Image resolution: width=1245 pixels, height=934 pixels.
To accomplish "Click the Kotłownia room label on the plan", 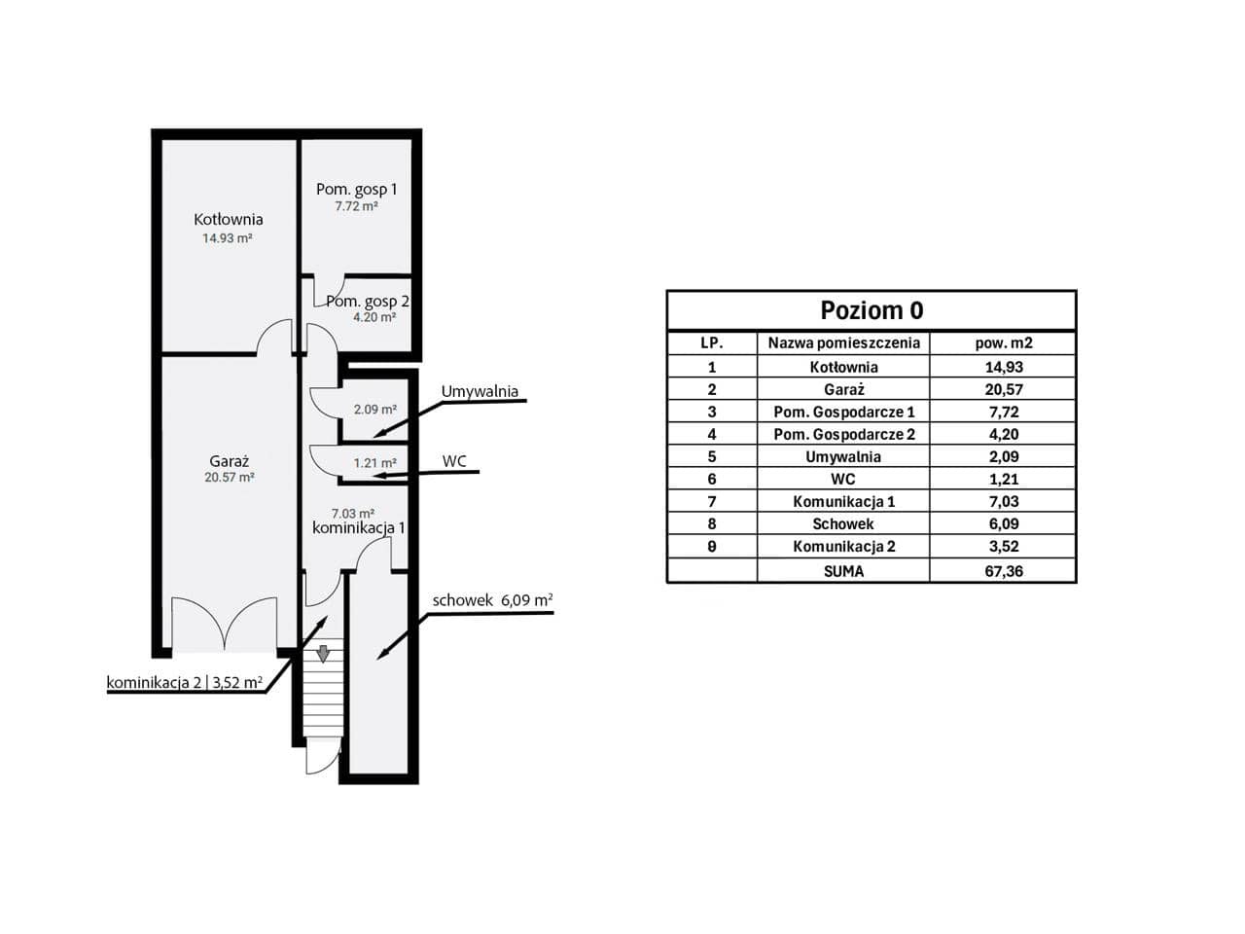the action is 228,220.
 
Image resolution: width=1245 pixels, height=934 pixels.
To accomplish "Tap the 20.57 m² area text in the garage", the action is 230,478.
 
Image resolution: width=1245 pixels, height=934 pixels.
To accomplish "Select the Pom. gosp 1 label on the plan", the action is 356,190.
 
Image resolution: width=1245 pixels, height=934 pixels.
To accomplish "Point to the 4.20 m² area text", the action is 374,317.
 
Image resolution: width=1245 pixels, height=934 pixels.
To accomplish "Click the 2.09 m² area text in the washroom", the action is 374,409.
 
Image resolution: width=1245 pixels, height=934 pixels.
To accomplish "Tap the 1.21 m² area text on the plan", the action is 374,463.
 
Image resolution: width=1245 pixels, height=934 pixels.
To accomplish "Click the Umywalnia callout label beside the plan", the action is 480,392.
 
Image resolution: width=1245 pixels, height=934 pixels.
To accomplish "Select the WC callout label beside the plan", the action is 454,461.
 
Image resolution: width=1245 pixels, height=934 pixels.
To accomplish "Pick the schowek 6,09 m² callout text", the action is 492,600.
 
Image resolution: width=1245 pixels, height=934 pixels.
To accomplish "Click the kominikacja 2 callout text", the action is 154,682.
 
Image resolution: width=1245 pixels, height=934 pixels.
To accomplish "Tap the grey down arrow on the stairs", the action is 323,653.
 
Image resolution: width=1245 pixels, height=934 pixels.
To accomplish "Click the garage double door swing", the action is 225,623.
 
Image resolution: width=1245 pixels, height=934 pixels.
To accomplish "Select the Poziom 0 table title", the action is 871,310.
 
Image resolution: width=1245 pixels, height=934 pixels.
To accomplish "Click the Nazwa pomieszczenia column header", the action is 843,343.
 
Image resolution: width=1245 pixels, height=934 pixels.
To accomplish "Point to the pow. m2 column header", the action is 1004,343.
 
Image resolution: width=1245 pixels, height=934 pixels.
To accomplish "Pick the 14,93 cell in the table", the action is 1004,367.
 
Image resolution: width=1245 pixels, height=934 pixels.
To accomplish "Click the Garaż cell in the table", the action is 843,389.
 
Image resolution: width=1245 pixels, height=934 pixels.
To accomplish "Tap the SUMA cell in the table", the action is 843,571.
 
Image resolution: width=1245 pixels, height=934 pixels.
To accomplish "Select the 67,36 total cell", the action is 1004,571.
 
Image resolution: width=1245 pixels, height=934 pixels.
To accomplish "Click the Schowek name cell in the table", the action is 843,524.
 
